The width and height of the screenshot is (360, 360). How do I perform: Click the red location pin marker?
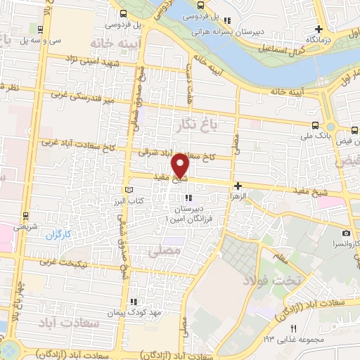coord(181,165)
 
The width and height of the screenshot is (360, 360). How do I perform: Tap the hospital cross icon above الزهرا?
coord(238,186)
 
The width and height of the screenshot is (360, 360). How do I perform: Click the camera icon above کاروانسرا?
coord(345,233)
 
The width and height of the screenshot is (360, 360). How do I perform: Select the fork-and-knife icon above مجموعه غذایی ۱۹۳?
coord(294,328)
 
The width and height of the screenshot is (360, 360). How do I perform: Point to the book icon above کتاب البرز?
coord(127,191)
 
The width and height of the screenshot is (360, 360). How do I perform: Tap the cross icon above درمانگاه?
coord(319,29)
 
